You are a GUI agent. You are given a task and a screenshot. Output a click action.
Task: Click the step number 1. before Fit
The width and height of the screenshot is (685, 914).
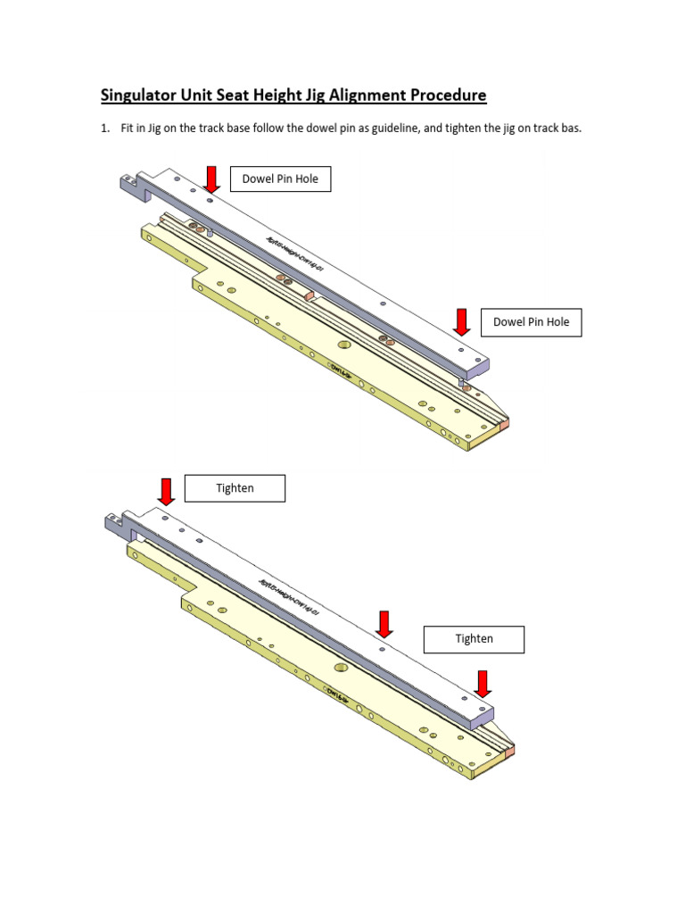[x=104, y=129]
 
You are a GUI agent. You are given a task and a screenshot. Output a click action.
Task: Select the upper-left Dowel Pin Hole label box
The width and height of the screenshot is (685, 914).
[x=280, y=179]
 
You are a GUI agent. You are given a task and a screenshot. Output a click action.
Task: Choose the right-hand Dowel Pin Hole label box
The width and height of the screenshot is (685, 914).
[x=532, y=322]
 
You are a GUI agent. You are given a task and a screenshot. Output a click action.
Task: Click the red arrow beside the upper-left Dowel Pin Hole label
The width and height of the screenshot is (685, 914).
[x=211, y=179]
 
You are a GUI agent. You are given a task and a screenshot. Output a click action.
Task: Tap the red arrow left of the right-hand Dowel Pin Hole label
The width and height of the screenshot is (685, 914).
[x=461, y=322]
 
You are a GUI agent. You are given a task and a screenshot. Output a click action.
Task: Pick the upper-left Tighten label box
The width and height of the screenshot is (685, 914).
[x=235, y=488]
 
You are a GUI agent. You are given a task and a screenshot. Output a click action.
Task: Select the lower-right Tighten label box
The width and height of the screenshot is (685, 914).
[x=474, y=639]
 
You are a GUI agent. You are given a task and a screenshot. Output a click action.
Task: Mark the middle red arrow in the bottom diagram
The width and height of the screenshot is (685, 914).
[x=384, y=625]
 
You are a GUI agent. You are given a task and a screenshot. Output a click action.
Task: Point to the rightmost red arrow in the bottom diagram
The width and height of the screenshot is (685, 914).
[x=483, y=684]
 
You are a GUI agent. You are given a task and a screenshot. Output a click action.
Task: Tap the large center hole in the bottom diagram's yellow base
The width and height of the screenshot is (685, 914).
[x=342, y=667]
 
